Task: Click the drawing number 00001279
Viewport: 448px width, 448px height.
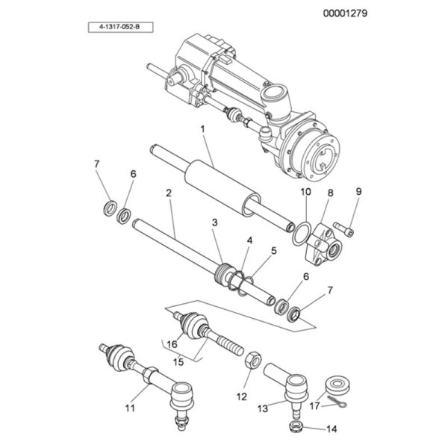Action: pos(345,13)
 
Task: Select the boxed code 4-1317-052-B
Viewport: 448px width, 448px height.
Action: pos(120,27)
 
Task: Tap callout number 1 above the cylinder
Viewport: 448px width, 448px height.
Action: pos(202,129)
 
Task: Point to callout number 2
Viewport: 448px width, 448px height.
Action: pos(169,193)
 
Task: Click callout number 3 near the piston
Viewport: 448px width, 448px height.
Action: pos(214,223)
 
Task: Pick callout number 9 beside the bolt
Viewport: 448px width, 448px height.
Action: pos(358,191)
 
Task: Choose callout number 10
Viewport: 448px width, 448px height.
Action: pos(305,192)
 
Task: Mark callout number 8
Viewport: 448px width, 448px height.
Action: pos(330,193)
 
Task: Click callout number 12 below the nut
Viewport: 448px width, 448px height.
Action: pos(241,396)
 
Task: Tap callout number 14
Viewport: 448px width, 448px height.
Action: pos(332,429)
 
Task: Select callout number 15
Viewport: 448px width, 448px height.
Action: pos(178,362)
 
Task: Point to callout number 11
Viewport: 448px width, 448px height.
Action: pos(130,408)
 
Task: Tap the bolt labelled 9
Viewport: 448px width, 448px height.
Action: pos(343,229)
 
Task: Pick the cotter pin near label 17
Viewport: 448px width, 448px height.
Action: pos(337,402)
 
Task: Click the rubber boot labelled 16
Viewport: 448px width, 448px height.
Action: pos(191,326)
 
